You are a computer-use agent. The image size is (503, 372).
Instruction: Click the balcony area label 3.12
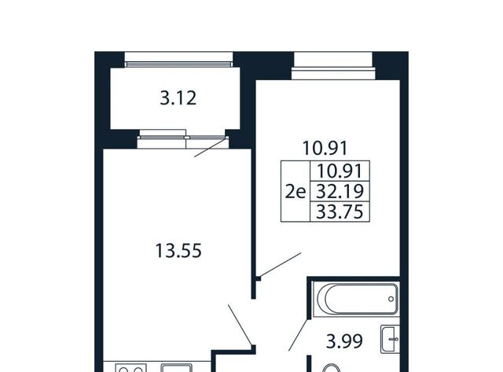178,98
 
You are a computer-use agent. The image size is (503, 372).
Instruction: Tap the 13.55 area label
178,251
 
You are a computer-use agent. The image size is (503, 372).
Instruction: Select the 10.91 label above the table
325,149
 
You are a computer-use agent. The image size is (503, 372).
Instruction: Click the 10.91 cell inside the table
340,171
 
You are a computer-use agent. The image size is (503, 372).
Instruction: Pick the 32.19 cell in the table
340,191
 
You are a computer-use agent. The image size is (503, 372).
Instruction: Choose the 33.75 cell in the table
340,212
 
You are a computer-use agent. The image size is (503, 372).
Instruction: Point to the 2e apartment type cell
296,192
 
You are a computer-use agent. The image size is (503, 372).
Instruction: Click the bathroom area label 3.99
344,341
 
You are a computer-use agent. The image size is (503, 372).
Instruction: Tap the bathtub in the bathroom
356,299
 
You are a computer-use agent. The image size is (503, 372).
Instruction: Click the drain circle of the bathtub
391,299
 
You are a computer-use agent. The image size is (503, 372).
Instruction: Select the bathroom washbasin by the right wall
390,339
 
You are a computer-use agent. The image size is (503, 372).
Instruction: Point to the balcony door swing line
211,148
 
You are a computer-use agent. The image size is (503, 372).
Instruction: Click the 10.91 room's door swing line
281,264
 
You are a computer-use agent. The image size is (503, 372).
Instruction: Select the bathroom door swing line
299,335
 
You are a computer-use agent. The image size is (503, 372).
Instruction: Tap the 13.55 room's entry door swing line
240,325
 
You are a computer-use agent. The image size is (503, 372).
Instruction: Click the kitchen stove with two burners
131,368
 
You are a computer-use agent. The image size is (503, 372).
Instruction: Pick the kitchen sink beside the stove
176,368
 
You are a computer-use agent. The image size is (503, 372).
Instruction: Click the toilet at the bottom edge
331,369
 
